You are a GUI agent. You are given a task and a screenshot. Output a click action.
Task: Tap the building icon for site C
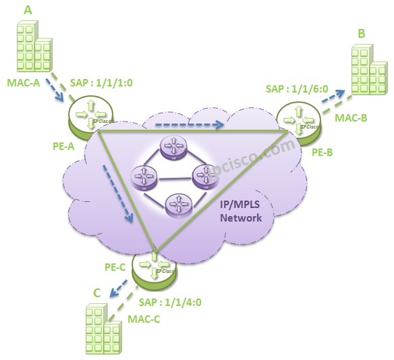(x=101, y=329)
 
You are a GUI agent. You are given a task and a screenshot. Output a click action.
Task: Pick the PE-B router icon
(x=298, y=119)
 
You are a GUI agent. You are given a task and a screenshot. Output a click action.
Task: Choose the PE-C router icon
(x=154, y=268)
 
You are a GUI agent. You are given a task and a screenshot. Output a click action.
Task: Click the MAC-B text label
(x=351, y=118)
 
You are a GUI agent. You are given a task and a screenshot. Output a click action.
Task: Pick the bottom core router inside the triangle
(x=178, y=203)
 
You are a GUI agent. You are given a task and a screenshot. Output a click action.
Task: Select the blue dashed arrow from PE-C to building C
(x=122, y=290)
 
